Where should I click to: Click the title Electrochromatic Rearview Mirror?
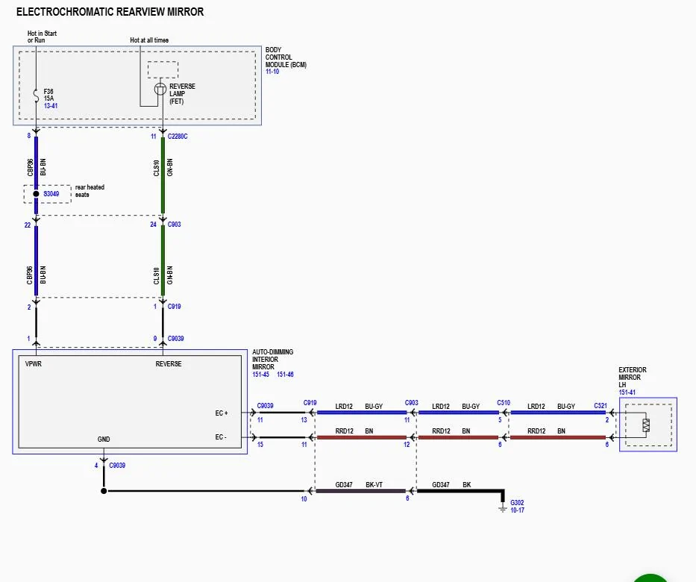click(x=110, y=12)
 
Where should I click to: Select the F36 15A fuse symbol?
click(x=35, y=95)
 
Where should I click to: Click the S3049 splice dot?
click(x=35, y=194)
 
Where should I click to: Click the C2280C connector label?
click(x=178, y=137)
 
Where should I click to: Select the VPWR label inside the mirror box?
click(x=33, y=364)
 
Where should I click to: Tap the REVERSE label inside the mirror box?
click(x=168, y=364)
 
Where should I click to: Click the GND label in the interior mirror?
click(x=104, y=439)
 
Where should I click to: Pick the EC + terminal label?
click(x=222, y=413)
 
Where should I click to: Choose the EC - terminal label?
click(x=222, y=436)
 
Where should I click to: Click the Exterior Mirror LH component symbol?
click(x=646, y=425)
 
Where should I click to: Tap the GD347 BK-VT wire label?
click(x=360, y=485)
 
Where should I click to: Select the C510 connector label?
click(x=504, y=403)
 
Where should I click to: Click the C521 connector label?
click(x=600, y=406)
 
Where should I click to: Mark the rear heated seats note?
click(x=90, y=190)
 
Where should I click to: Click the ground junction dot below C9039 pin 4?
click(x=104, y=491)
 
